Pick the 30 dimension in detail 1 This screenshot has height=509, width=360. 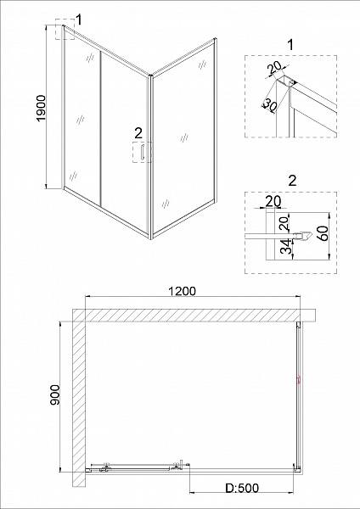pyautogui.click(x=270, y=106)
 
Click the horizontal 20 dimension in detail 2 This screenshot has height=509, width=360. pyautogui.click(x=272, y=201)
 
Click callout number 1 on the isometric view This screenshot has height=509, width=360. pyautogui.click(x=78, y=19)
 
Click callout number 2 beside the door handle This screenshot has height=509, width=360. pyautogui.click(x=138, y=132)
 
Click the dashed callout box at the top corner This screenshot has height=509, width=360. pyautogui.click(x=65, y=32)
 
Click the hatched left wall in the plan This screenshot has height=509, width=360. pyautogui.click(x=76, y=399)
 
